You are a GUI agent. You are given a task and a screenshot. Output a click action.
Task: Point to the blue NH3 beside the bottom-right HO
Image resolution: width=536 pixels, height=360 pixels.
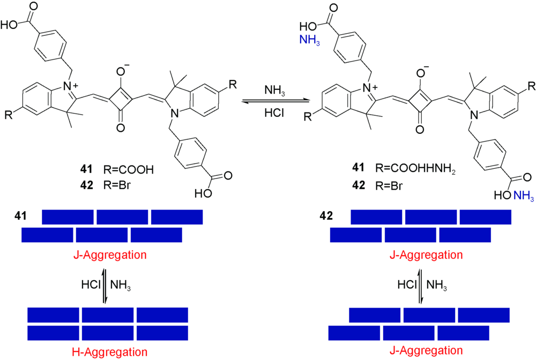(523, 198)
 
